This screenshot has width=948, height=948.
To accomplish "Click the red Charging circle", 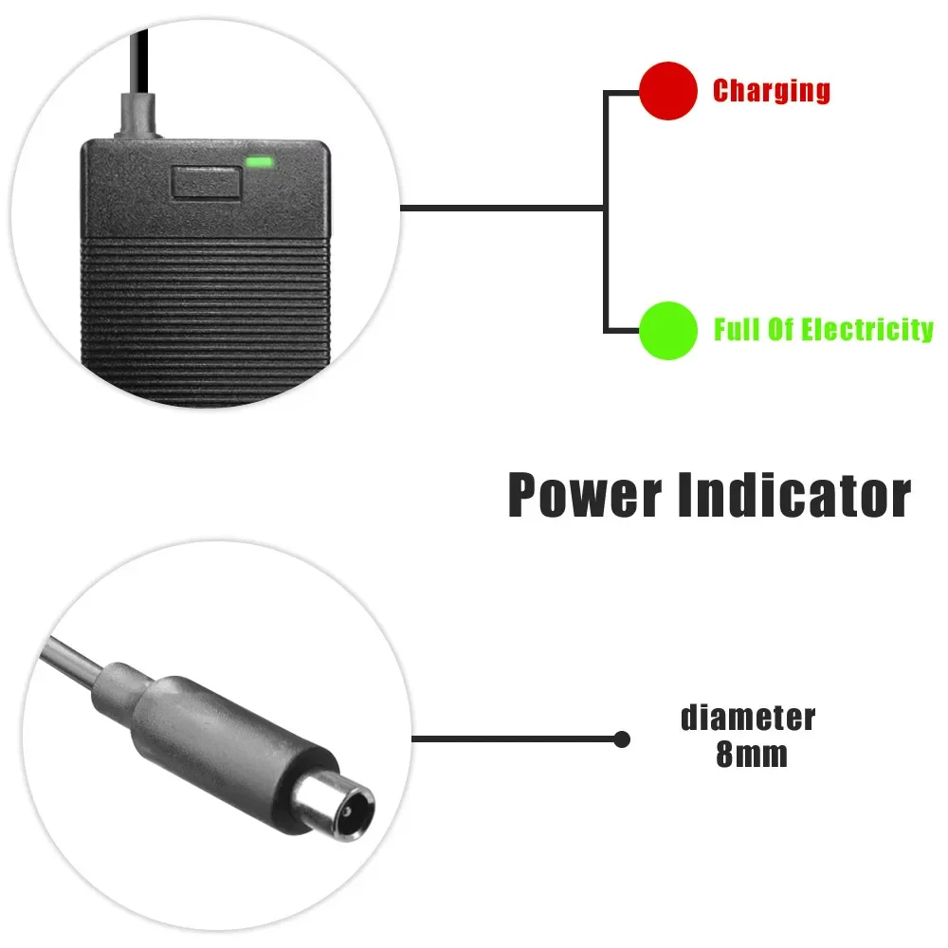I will [668, 91].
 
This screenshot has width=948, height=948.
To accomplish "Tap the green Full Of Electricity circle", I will [668, 330].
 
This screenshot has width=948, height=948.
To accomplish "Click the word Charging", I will [771, 91].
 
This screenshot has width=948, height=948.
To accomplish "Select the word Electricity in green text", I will [866, 330].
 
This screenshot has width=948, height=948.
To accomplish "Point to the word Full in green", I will [736, 330].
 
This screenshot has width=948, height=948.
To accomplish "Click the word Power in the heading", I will [584, 495].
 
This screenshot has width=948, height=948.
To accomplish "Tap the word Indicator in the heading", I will [794, 495].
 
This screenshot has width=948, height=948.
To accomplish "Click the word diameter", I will [748, 718].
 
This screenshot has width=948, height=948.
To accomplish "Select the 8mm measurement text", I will [752, 757].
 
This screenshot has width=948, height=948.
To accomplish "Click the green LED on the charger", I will [259, 162].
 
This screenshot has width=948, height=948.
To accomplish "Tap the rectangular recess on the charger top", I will [204, 180].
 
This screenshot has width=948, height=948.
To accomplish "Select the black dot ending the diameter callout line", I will [622, 738].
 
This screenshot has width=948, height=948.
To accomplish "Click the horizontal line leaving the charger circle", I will [502, 208].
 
